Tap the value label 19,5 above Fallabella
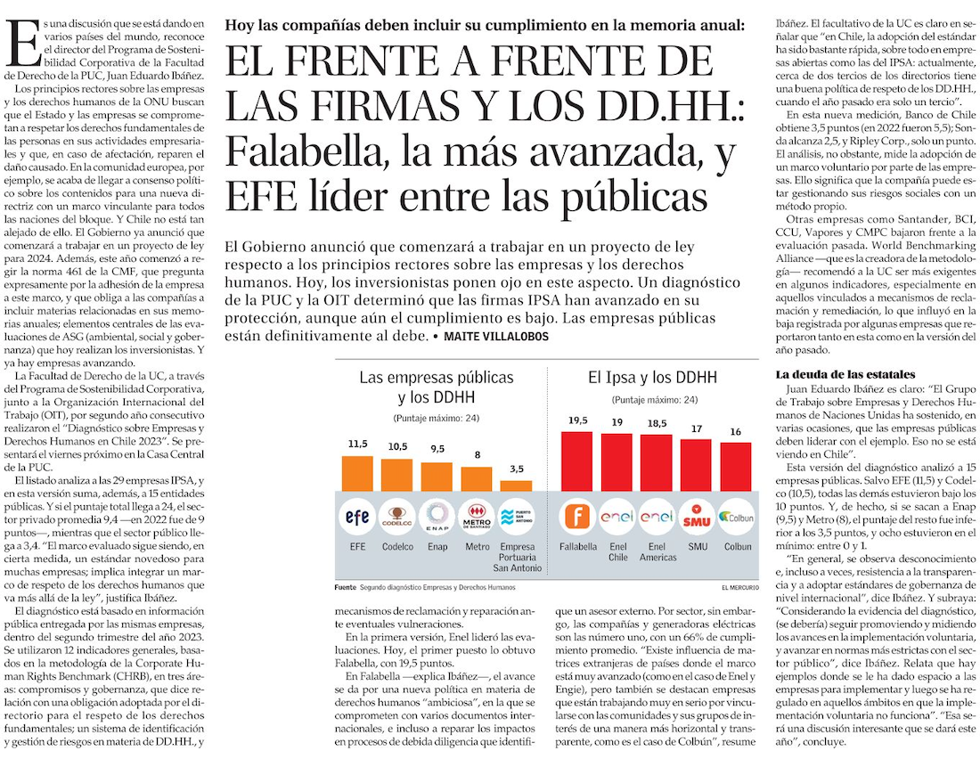pyautogui.click(x=577, y=420)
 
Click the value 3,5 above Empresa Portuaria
pyautogui.click(x=517, y=469)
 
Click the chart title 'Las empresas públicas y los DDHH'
pyautogui.click(x=437, y=387)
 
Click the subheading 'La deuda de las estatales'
pyautogui.click(x=844, y=373)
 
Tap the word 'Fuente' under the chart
pyautogui.click(x=345, y=588)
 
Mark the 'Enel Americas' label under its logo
pyautogui.click(x=657, y=551)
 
